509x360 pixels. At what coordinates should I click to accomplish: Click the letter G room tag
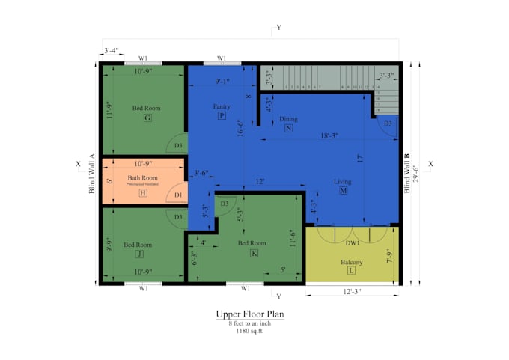coord(147,118)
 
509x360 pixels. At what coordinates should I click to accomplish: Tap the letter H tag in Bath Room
coord(142,193)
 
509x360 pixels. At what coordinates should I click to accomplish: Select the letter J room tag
coord(139,254)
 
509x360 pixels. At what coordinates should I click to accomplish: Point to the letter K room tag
coord(254,253)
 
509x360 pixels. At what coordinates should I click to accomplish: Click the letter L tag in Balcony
coord(351,271)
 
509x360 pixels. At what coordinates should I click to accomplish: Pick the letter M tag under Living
coord(343,191)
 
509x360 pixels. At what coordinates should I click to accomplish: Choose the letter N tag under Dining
coord(288,128)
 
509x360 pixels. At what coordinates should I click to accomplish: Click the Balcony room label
coord(351,262)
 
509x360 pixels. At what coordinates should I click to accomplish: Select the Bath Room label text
coord(143,177)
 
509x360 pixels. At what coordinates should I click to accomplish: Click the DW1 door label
coord(353,242)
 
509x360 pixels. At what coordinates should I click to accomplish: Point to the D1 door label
coord(177,195)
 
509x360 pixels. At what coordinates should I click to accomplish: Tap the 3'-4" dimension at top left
coord(112,51)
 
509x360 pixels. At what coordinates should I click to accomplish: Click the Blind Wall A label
coord(91,174)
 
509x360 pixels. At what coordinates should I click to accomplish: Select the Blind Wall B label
coord(408,174)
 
